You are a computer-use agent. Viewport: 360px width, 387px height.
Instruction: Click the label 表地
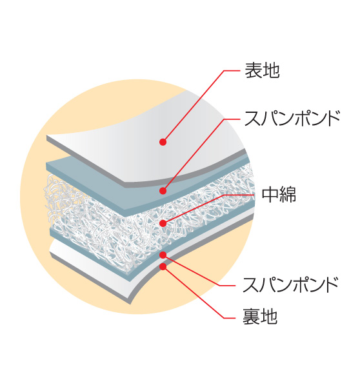tap(262, 70)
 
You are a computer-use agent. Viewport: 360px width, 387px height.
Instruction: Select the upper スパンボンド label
tap(292, 119)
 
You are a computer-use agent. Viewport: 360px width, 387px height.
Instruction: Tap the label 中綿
tap(279, 195)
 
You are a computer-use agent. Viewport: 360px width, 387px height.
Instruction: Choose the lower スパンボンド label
tap(290, 284)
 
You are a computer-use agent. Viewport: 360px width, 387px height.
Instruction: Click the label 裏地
tap(260, 317)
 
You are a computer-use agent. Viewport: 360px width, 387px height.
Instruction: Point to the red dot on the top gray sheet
tap(163, 142)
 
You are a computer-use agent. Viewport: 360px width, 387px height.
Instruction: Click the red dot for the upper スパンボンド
tap(163, 191)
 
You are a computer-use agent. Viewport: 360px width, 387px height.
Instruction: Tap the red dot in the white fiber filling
tap(163, 223)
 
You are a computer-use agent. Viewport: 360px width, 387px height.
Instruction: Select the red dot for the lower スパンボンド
tap(163, 255)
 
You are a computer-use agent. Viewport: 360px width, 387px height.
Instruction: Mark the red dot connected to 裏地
tap(163, 266)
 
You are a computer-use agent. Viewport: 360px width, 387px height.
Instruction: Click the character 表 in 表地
tap(253, 70)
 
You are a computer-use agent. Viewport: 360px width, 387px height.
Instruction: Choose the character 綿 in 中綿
tap(288, 195)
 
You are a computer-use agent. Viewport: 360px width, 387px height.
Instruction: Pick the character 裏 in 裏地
tap(251, 317)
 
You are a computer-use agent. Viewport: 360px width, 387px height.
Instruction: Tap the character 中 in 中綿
tap(270, 195)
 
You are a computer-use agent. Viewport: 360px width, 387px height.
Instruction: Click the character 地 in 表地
tap(271, 70)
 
